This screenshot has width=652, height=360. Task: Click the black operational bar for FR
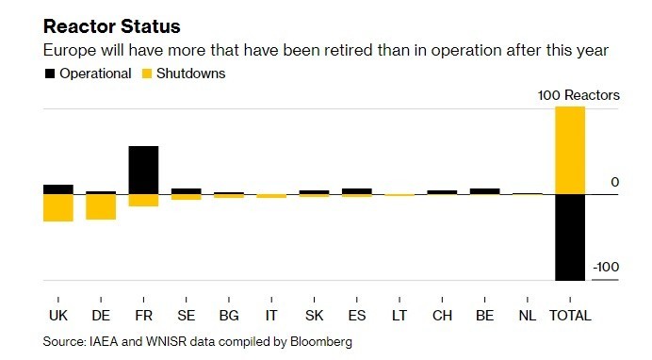click(x=143, y=170)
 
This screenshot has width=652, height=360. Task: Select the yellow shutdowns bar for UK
click(x=58, y=208)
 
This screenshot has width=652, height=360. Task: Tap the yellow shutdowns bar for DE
click(x=101, y=207)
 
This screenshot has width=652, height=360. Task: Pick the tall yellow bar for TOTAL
click(x=570, y=151)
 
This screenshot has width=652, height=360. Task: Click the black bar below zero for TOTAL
click(x=570, y=237)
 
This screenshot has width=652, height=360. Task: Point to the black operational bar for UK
click(x=58, y=189)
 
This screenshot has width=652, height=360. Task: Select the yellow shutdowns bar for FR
click(x=143, y=201)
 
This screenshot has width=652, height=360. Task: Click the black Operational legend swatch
click(x=50, y=74)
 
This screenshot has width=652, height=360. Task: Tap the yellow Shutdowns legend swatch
click(x=147, y=74)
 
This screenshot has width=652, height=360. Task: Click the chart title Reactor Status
click(x=112, y=26)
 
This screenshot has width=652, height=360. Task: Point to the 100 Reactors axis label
click(x=579, y=95)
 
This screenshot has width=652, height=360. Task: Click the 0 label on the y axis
click(x=614, y=182)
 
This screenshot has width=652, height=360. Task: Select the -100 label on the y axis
click(x=606, y=267)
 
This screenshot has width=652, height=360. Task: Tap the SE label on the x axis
click(x=187, y=316)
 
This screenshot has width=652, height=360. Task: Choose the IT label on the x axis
click(x=271, y=316)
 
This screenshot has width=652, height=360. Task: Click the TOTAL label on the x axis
click(x=570, y=316)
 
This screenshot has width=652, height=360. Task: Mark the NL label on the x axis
click(x=528, y=316)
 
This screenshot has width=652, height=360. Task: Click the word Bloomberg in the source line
click(x=321, y=342)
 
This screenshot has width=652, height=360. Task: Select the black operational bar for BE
click(x=485, y=191)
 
